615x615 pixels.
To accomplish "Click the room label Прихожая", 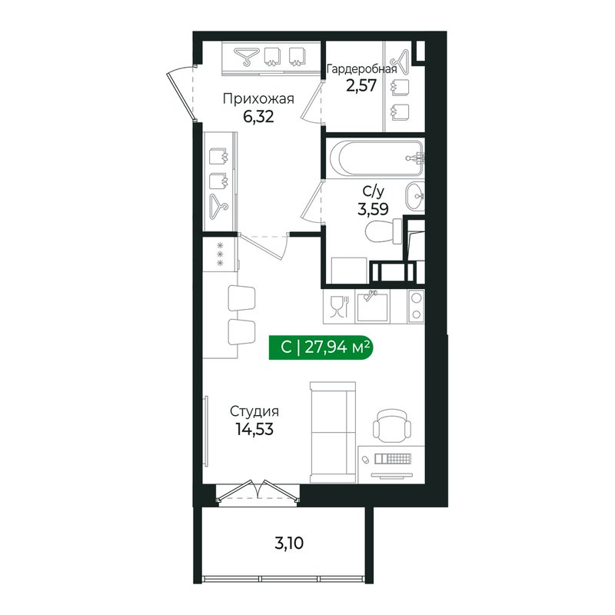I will pyautogui.click(x=248, y=98).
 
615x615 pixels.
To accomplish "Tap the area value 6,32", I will pyautogui.click(x=248, y=117).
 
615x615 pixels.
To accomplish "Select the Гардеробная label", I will pyautogui.click(x=361, y=69).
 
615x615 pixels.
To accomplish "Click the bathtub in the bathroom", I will pyautogui.click(x=374, y=158).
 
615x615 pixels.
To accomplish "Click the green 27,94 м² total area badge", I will pyautogui.click(x=322, y=347).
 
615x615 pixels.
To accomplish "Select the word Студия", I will pyautogui.click(x=254, y=411).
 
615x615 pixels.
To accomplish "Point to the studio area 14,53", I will pyautogui.click(x=254, y=430).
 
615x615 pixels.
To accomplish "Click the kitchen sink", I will pyautogui.click(x=374, y=307).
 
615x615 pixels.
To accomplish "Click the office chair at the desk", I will pyautogui.click(x=393, y=424).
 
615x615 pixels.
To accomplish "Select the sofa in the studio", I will pyautogui.click(x=332, y=432).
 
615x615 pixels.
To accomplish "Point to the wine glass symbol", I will pyautogui.click(x=337, y=307).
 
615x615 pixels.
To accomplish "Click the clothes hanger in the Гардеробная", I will pyautogui.click(x=399, y=60).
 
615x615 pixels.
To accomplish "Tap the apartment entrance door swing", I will pyautogui.click(x=179, y=91).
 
